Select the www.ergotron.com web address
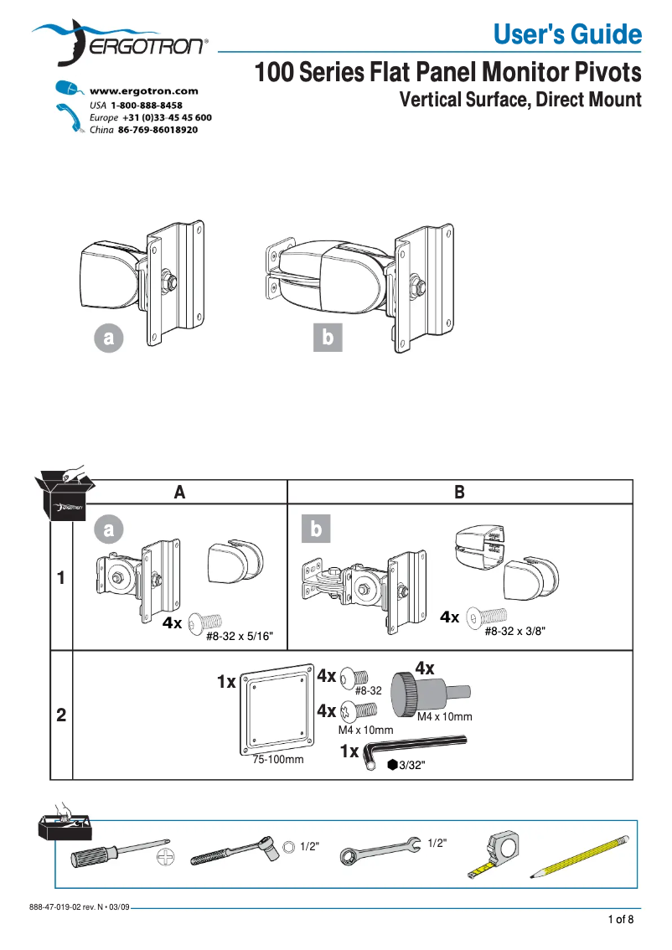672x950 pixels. (143, 90)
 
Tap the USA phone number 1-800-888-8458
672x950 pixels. (147, 106)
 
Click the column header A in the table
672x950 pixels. (179, 493)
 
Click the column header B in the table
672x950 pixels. (459, 493)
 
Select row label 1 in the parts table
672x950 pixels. (60, 578)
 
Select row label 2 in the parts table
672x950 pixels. (60, 716)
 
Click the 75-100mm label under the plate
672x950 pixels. (278, 760)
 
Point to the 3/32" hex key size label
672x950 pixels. (411, 765)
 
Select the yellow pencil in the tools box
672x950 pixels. (578, 855)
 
